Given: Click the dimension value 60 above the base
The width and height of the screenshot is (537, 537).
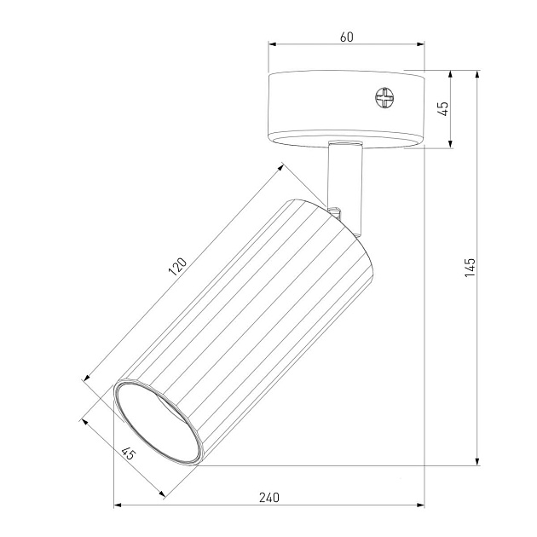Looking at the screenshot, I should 346,37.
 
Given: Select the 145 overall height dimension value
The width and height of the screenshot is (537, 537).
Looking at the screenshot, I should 471,267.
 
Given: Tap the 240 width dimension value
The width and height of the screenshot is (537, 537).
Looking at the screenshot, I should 269,497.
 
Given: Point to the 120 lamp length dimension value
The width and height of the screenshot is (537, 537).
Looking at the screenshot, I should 176,267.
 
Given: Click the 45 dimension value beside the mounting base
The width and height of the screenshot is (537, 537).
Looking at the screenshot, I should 442,109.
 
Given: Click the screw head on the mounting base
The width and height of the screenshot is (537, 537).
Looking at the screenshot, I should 385,98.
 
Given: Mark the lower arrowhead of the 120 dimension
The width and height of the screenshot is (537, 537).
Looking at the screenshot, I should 89,378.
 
